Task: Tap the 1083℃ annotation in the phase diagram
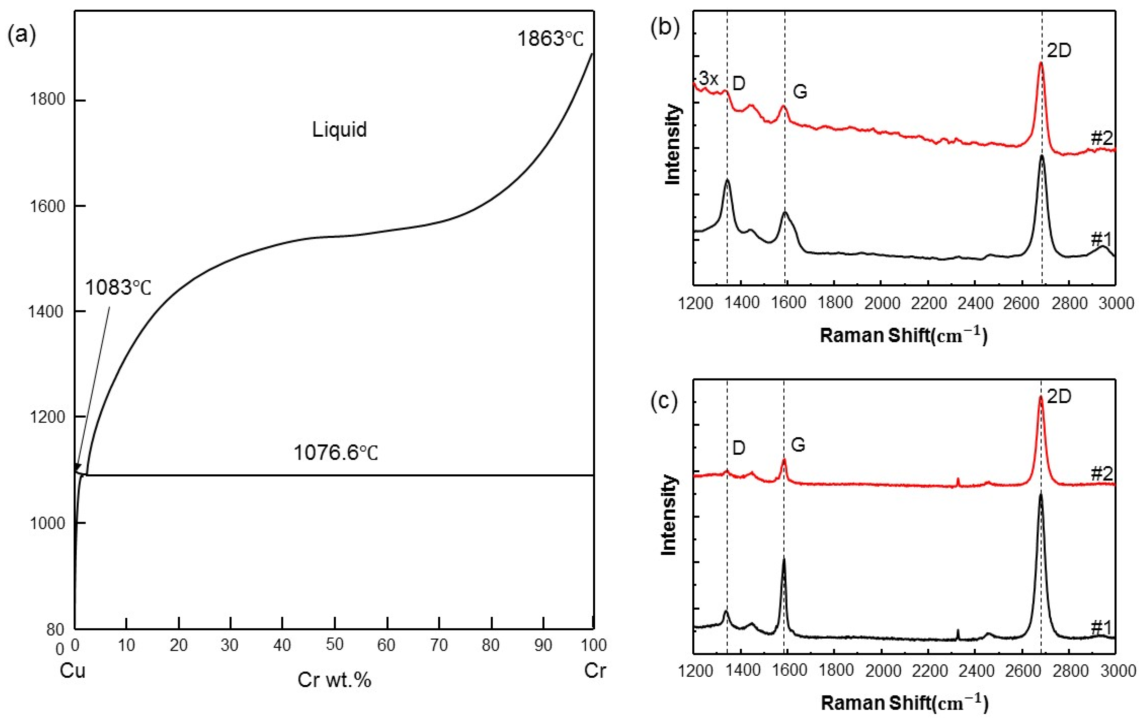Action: click(118, 288)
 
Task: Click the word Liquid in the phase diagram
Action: click(339, 129)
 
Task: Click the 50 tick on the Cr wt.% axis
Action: click(334, 645)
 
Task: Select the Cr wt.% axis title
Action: click(334, 680)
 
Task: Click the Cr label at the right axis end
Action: click(595, 671)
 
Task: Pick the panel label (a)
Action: click(22, 36)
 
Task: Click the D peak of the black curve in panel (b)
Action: click(727, 180)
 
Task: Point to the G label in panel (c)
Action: click(798, 445)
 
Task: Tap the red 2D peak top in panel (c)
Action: click(1041, 397)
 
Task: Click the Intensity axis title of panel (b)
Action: click(672, 145)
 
